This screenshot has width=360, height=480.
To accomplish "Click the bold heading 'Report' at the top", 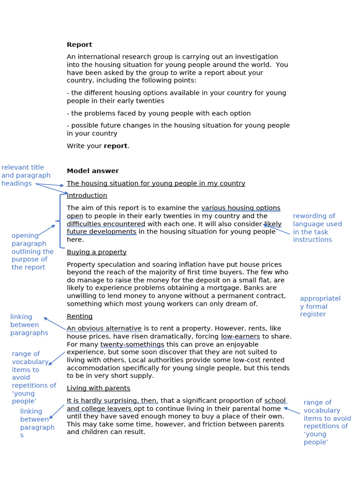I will coord(79,45).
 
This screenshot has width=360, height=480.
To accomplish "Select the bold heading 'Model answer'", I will coord(93,171).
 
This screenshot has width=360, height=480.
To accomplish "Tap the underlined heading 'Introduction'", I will coord(87,195).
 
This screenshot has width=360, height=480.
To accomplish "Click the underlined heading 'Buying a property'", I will coord(97,252).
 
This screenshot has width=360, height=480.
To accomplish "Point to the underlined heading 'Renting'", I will coord(80,316).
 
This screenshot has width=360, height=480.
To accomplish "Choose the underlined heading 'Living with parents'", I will coord(98,388).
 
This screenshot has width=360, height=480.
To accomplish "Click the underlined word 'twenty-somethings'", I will coord(132,345).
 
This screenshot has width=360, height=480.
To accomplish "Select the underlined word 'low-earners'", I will coord(240,337).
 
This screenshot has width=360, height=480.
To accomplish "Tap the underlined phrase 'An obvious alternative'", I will coord(104,329).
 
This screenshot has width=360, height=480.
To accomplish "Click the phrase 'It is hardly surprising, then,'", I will coord(112,401).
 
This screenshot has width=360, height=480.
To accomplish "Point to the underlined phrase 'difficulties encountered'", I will coord(106,224).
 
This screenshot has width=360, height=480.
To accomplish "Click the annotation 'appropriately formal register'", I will coord(320,306).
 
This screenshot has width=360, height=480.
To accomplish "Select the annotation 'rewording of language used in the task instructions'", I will coord(317,228).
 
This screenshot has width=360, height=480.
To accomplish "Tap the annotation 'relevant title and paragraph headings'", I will coord(26,175).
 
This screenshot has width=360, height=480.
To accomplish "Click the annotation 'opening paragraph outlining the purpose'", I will coord(32,251).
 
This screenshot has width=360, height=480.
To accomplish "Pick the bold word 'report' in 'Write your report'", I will coord(115,146).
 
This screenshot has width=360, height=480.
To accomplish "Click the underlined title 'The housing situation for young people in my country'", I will coord(156,183).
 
